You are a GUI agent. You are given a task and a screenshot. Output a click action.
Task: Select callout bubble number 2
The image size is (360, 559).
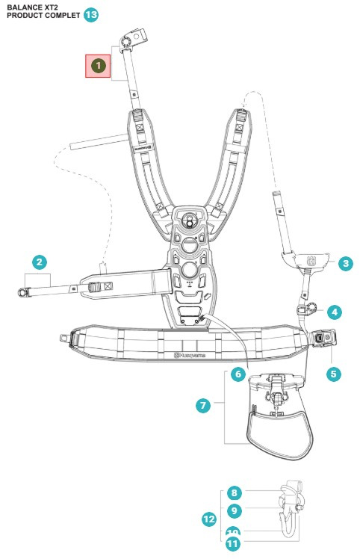click(40, 262)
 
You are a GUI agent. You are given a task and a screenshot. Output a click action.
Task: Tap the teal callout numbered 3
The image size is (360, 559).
click(345, 263)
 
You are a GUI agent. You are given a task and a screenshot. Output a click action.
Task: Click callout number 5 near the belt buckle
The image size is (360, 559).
click(334, 371)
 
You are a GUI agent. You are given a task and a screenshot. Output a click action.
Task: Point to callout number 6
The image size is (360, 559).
click(238, 373)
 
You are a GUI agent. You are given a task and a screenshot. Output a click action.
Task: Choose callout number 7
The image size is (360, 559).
click(202, 405)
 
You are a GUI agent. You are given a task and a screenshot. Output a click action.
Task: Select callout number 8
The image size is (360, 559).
click(234, 493)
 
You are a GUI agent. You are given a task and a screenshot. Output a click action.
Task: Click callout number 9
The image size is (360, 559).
click(234, 511)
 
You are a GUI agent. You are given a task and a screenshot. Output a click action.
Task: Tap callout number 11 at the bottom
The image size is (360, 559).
click(232, 545)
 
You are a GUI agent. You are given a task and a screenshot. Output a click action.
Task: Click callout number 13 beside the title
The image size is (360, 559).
click(90, 14)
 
